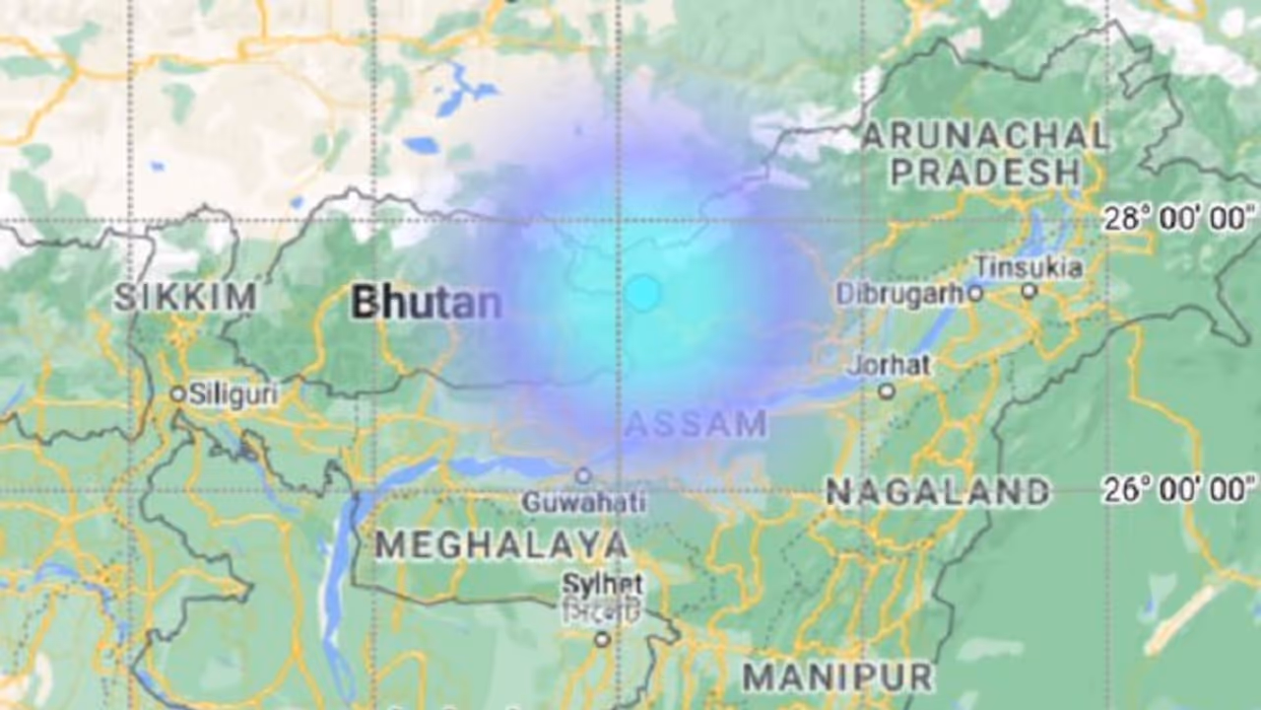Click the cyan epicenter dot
pos(642,293)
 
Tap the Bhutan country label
pos(427,303)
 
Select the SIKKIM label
pos(185,297)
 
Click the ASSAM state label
pos(696,424)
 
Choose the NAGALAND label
pos(938,492)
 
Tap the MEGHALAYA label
pos(501,544)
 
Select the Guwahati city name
pos(584,503)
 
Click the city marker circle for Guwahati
pos(583,475)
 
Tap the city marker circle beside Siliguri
pos(177,393)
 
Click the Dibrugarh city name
pos(899,294)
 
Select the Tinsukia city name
pos(1029,267)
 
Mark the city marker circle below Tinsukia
pos(1029,291)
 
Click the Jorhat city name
pos(890,365)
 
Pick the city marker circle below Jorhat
pos(887,391)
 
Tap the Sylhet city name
pos(602,584)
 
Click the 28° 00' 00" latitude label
pos(1179,219)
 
